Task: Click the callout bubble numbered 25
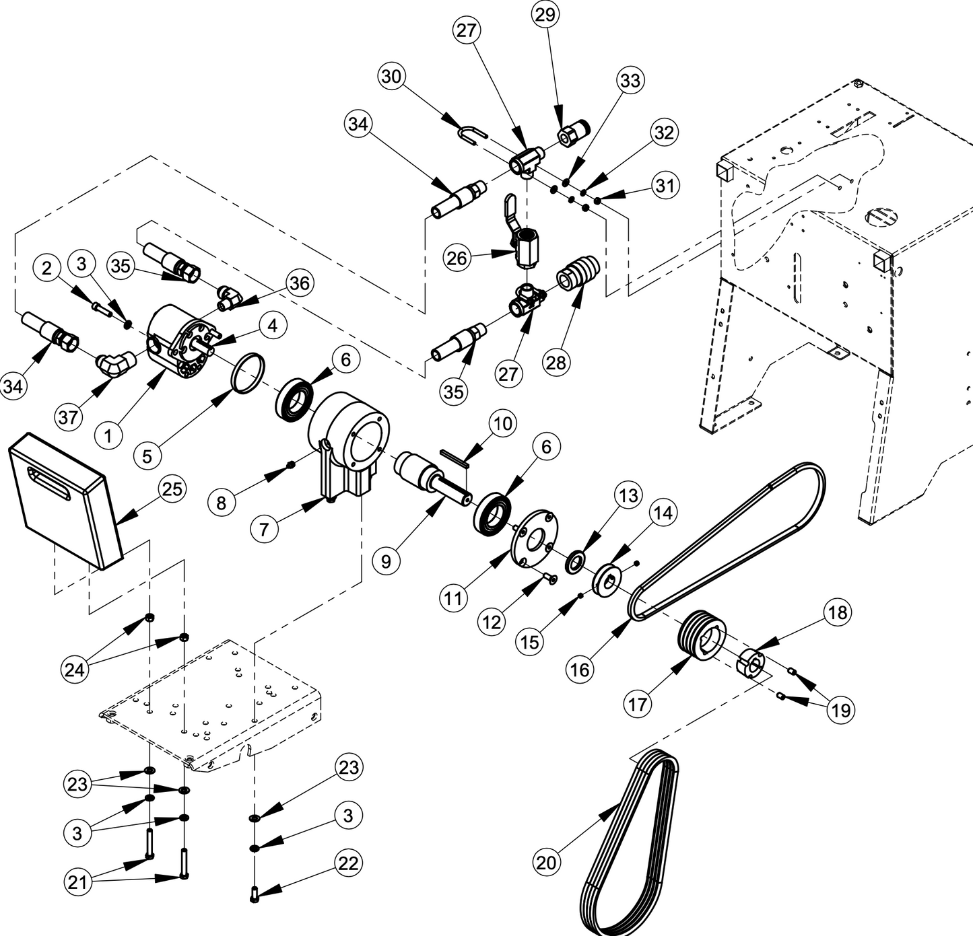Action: point(172,489)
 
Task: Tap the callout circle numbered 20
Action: point(546,862)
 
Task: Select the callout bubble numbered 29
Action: point(545,15)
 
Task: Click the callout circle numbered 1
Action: point(108,435)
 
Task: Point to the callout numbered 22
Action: point(347,863)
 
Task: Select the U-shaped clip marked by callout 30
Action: point(471,135)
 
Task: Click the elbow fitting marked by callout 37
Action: point(116,364)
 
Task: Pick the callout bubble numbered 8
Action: point(222,501)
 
